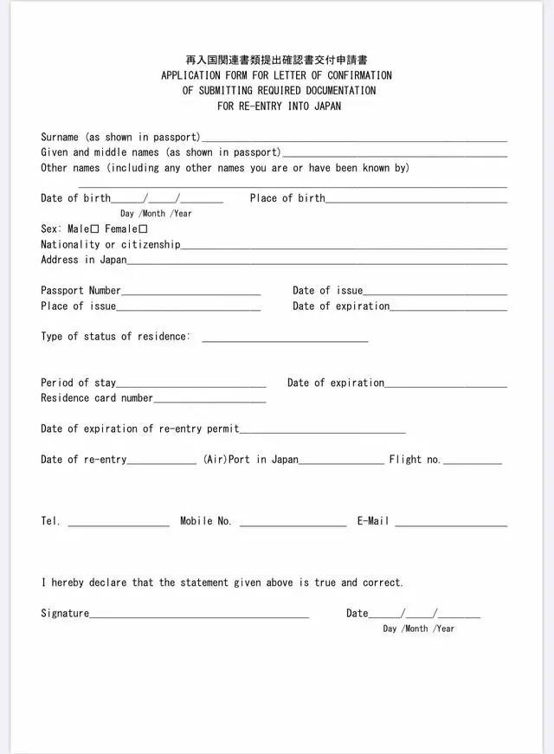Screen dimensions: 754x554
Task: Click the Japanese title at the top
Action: (277, 61)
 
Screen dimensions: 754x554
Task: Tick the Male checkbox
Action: (95, 229)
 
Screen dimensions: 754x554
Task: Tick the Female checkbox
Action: (144, 229)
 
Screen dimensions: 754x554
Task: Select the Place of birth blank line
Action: (415, 201)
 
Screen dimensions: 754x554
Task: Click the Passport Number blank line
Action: (190, 293)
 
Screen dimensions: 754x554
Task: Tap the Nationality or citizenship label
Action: (111, 245)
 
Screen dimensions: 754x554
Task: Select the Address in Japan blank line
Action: (317, 262)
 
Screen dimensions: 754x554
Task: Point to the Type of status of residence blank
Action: (285, 339)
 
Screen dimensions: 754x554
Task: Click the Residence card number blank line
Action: (209, 401)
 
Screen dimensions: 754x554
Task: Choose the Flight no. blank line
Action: (472, 462)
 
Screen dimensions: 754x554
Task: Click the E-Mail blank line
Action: (450, 524)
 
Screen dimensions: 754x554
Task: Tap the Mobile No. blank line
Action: (293, 524)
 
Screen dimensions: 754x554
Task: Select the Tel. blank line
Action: (118, 524)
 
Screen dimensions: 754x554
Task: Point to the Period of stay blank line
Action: (190, 385)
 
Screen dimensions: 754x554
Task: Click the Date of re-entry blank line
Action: (162, 462)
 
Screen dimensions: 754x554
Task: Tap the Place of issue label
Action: (78, 306)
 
